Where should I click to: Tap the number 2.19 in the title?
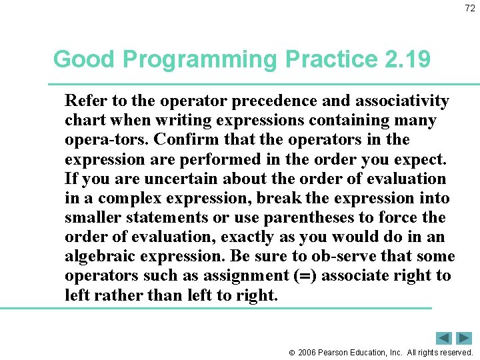pos(407,59)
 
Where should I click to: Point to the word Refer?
pos(82,101)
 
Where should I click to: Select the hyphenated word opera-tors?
pos(99,140)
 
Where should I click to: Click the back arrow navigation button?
pos(444,338)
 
